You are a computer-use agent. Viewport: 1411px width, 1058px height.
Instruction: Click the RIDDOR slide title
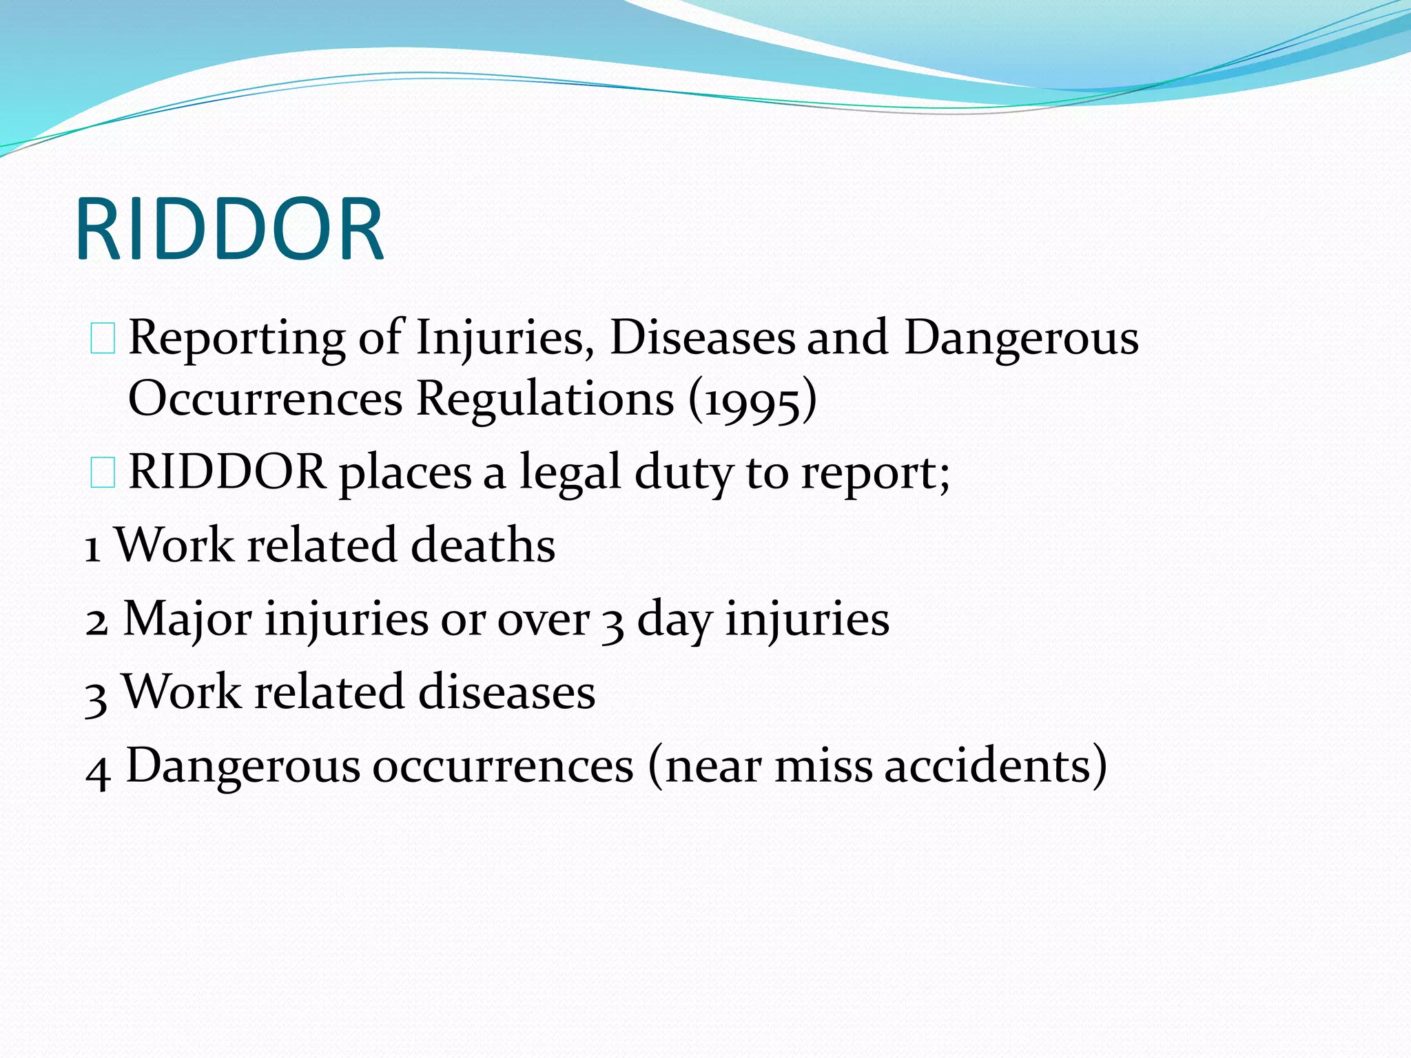point(229,229)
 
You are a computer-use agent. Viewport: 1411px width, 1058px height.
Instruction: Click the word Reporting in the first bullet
point(237,339)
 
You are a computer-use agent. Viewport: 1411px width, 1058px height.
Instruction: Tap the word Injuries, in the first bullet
point(505,339)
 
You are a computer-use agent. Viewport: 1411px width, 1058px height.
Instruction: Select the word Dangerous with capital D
point(1021,339)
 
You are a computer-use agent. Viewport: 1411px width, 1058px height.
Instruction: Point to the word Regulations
point(545,399)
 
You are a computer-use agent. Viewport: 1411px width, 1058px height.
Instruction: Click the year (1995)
point(753,400)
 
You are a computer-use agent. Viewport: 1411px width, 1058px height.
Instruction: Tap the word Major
point(187,619)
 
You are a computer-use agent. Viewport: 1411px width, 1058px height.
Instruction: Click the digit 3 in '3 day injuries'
point(612,623)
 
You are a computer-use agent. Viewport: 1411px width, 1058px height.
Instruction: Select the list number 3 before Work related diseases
point(96,696)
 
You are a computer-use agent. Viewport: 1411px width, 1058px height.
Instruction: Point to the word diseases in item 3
point(506,692)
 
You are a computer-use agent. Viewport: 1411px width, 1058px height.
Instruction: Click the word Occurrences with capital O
point(265,399)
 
